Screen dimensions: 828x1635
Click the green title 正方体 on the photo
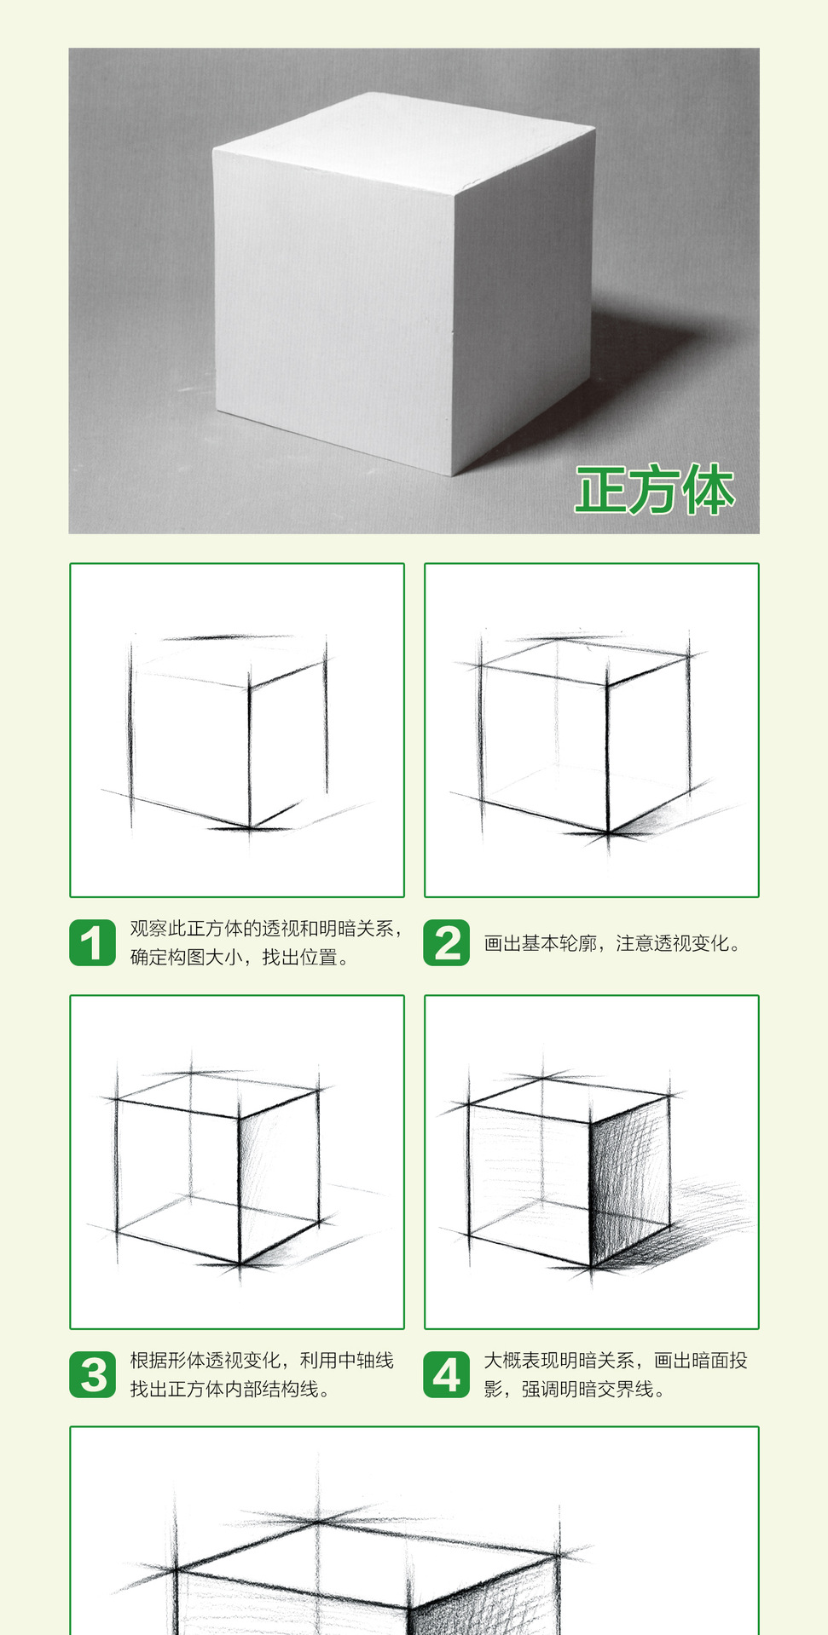tap(654, 490)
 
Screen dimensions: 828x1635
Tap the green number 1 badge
tap(92, 942)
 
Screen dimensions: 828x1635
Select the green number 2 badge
tap(446, 942)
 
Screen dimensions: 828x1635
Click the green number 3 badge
tap(92, 1374)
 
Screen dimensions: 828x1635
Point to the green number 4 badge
tap(446, 1374)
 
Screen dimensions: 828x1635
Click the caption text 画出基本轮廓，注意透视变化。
tap(612, 943)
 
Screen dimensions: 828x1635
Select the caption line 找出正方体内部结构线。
tap(229, 1390)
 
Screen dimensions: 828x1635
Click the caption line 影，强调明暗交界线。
tap(574, 1390)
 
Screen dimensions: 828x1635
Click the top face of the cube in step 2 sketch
tap(584, 661)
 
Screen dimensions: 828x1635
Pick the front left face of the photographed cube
tap(333, 307)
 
